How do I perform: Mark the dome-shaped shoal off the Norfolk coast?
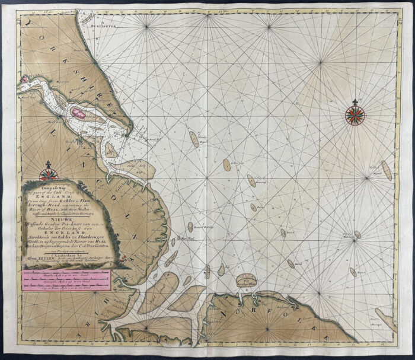point(244,279)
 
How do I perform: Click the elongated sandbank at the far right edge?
point(386,170)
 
